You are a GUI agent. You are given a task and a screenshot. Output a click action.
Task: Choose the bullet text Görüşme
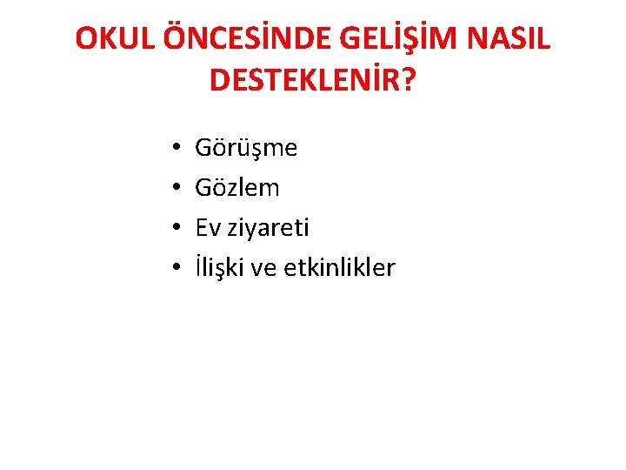pos(246,149)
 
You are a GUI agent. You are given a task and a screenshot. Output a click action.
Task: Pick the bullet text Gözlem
pos(237,188)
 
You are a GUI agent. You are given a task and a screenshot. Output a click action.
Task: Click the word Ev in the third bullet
pos(207,228)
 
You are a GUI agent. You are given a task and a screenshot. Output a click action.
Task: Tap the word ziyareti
pos(268,228)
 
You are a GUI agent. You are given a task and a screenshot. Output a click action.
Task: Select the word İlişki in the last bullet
pos(221,268)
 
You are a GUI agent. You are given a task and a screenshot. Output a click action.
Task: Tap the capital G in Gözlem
pos(203,188)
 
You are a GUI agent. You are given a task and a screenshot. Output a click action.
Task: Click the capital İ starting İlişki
pos(199,267)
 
